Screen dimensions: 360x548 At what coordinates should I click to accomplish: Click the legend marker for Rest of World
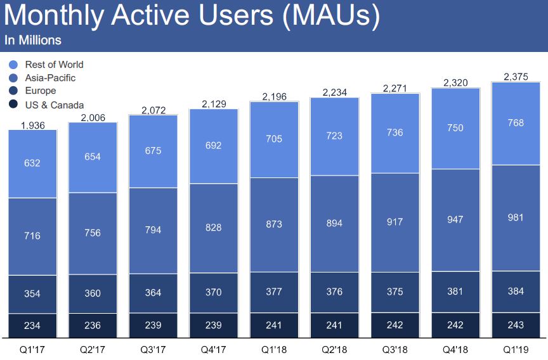tap(13, 65)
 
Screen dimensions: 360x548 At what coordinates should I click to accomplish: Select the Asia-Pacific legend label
tap(50, 78)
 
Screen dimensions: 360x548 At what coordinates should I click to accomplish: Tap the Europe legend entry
tap(41, 91)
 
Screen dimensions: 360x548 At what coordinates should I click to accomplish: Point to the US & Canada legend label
tap(54, 105)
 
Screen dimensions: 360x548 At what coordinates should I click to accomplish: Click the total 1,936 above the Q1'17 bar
tap(32, 125)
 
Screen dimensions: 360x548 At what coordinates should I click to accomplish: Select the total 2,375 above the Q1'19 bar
tap(516, 77)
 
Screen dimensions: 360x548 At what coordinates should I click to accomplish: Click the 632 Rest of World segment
tap(32, 164)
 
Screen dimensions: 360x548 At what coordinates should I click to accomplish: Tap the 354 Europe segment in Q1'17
tap(32, 294)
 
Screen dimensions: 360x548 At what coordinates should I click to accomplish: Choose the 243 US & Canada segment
tap(516, 325)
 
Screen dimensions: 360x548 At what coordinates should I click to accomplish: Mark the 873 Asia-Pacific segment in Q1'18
tap(274, 224)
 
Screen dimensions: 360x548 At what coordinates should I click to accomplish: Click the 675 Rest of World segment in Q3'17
tap(153, 151)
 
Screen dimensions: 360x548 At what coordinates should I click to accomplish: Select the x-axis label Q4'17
tap(214, 349)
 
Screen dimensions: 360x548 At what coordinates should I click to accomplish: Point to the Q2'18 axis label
tap(334, 349)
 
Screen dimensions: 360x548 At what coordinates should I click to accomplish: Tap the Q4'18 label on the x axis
tap(455, 349)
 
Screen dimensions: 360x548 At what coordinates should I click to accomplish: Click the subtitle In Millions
tap(33, 40)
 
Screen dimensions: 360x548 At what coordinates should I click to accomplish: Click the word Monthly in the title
tap(56, 17)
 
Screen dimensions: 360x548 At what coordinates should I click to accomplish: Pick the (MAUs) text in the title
tap(332, 17)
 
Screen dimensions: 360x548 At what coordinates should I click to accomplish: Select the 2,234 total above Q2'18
tap(334, 93)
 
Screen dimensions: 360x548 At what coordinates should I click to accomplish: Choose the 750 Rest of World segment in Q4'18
tap(455, 128)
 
